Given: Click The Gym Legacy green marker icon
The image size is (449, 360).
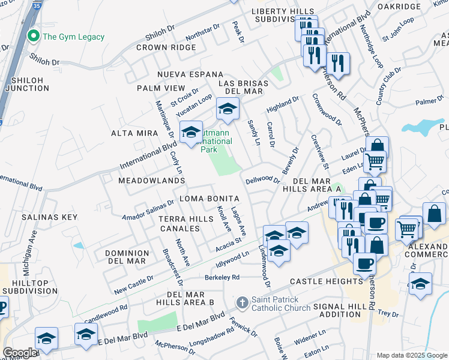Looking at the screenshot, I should pyautogui.click(x=34, y=37).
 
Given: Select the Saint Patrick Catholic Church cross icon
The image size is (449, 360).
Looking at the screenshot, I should pyautogui.click(x=243, y=302).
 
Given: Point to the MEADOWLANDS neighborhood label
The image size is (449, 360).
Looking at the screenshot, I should pyautogui.click(x=151, y=180).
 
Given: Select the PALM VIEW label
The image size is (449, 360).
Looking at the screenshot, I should pyautogui.click(x=161, y=88).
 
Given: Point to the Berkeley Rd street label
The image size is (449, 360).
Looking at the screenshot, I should pyautogui.click(x=222, y=277).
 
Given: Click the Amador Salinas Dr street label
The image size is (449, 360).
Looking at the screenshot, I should pyautogui.click(x=148, y=212).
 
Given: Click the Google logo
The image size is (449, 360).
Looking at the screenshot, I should pyautogui.click(x=20, y=353).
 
